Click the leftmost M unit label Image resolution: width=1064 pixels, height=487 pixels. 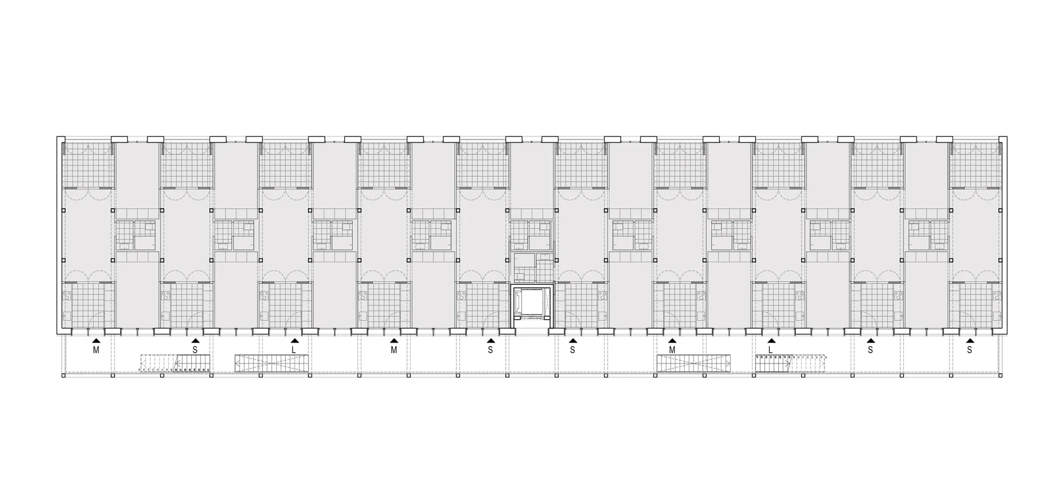[x=96, y=350]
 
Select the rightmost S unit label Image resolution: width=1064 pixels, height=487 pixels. [x=969, y=350]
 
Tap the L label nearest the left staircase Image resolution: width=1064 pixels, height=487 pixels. [x=294, y=350]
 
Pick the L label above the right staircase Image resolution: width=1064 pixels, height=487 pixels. [x=771, y=350]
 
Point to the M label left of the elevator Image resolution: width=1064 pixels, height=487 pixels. [x=394, y=350]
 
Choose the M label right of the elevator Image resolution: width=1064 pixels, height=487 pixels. [x=672, y=350]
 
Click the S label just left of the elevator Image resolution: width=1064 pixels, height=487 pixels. [x=490, y=350]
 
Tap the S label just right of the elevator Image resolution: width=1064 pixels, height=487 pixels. [x=572, y=350]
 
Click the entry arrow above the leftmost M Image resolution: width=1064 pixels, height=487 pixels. [x=96, y=342]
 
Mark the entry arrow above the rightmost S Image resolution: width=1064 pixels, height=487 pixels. [x=969, y=342]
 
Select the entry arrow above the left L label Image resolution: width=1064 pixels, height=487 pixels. [x=294, y=342]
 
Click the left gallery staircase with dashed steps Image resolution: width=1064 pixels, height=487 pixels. [x=175, y=363]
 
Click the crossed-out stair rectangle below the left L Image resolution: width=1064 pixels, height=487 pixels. [x=273, y=363]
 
